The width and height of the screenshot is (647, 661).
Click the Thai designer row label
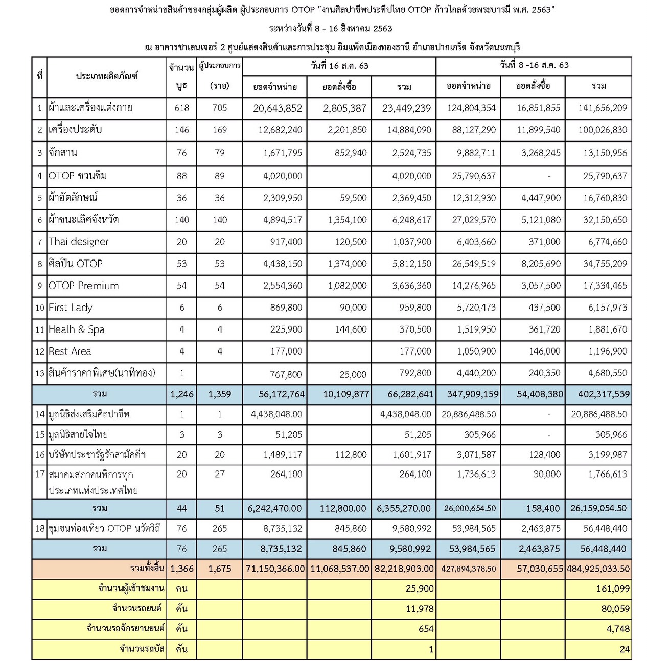point(79,242)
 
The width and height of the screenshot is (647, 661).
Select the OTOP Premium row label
point(84,286)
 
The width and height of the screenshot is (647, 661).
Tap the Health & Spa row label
point(77,329)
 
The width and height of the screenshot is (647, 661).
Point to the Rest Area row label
point(70,351)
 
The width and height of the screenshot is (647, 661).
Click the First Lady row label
point(71,308)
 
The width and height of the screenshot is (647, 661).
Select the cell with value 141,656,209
point(603,108)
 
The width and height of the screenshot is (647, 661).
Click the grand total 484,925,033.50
point(598,569)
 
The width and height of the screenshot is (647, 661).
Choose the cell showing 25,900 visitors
point(420,588)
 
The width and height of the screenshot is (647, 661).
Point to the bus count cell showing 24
point(625,649)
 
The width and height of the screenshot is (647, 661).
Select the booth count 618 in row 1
point(181,108)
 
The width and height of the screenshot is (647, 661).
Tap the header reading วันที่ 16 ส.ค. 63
point(339,66)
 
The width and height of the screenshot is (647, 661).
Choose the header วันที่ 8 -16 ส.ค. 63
point(534,65)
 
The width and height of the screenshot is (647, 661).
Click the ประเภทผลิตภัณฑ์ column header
point(107,76)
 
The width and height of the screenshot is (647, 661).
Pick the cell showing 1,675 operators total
point(220,569)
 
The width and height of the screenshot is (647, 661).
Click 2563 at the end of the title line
point(541,10)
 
